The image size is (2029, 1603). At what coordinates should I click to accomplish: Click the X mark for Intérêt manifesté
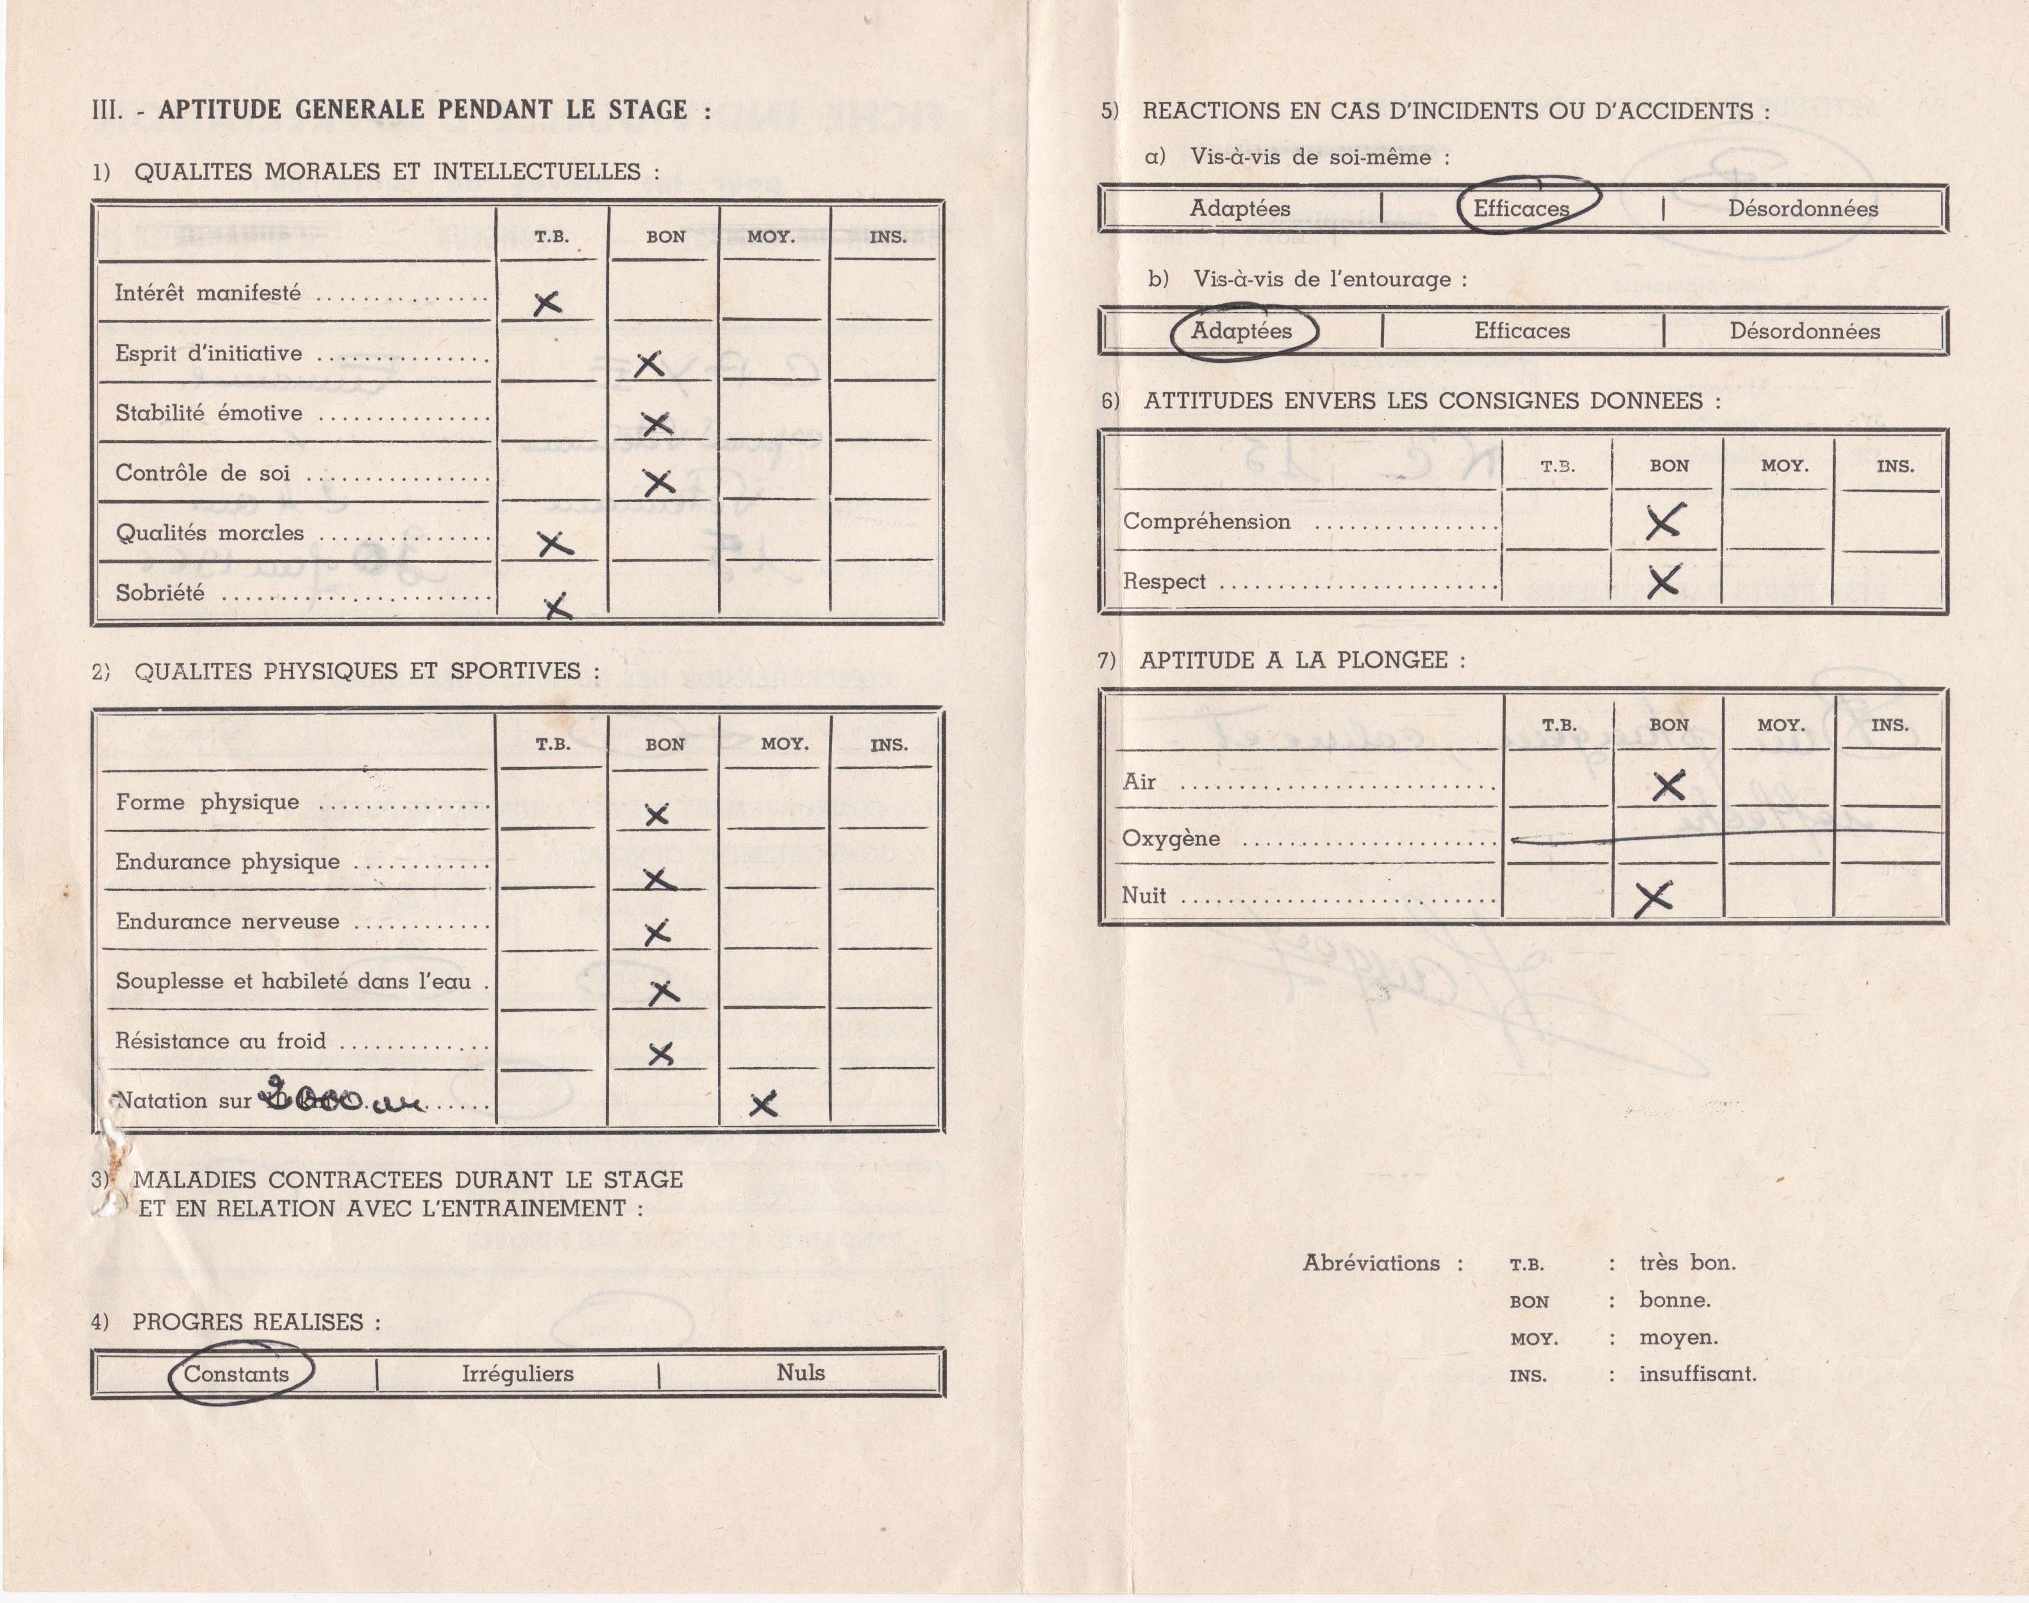547,303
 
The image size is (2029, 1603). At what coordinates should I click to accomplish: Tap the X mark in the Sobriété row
558,606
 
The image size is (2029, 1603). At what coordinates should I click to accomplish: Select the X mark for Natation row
764,1104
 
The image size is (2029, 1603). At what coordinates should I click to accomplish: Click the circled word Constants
237,1374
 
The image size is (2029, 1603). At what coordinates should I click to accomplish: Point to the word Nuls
801,1372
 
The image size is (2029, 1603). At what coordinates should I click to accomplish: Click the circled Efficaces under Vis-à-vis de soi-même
1521,208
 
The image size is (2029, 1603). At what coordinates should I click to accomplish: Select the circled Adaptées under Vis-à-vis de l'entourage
1242,330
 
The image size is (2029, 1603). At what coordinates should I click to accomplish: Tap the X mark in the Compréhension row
1664,522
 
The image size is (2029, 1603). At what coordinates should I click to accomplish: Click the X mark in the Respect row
1664,581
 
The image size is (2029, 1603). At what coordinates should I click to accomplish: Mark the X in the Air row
1667,785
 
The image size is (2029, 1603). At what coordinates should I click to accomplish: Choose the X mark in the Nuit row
1653,898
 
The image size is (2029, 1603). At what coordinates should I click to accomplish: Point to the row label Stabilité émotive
208,413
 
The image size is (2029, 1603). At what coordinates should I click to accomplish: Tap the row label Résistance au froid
221,1041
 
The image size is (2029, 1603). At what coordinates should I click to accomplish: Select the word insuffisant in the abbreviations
1697,1374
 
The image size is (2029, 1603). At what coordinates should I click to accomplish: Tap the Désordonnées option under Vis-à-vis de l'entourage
1804,331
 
